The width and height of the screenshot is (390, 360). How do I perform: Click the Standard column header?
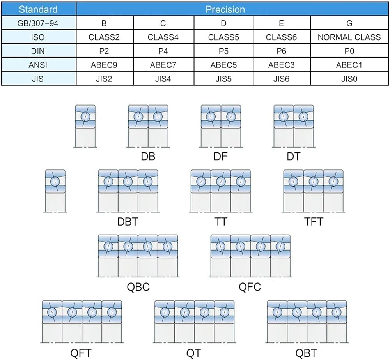pyautogui.click(x=38, y=9)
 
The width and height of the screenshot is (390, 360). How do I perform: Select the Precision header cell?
pyautogui.click(x=225, y=9)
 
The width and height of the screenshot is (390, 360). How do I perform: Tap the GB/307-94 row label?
pyautogui.click(x=38, y=23)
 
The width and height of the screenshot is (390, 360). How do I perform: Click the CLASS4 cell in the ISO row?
pyautogui.click(x=163, y=37)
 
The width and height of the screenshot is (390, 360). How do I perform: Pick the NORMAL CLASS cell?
pyautogui.click(x=349, y=37)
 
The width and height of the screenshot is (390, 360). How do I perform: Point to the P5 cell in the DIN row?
pyautogui.click(x=223, y=51)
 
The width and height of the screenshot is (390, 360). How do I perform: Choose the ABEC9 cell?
pyautogui.click(x=104, y=65)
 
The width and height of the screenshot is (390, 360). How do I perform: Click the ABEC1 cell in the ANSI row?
pyautogui.click(x=349, y=65)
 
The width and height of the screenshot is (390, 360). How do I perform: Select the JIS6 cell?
pyautogui.click(x=281, y=79)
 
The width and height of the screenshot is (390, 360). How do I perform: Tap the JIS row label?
pyautogui.click(x=38, y=79)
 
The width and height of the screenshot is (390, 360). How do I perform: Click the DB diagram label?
pyautogui.click(x=148, y=156)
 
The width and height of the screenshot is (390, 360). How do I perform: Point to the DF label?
pyautogui.click(x=220, y=156)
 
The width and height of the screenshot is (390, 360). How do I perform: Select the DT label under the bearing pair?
pyautogui.click(x=294, y=156)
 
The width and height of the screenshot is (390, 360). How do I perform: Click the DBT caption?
pyautogui.click(x=128, y=221)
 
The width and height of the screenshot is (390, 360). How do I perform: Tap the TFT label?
pyautogui.click(x=314, y=221)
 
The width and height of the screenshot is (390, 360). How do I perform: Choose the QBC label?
pyautogui.click(x=138, y=287)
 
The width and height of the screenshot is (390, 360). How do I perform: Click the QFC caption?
pyautogui.click(x=250, y=287)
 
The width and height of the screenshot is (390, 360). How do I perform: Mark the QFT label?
pyautogui.click(x=81, y=353)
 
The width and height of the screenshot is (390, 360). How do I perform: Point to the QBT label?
pyautogui.click(x=306, y=353)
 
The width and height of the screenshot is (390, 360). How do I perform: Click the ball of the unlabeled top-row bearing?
pyautogui.click(x=85, y=116)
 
